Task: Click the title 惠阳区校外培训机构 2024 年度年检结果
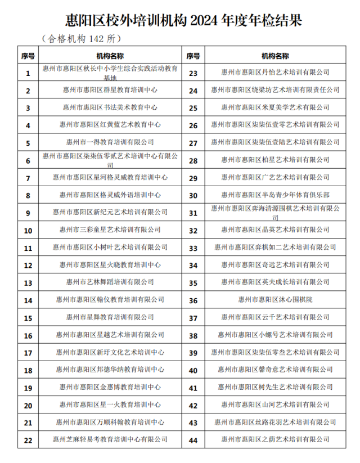coord(181,21)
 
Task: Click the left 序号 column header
coord(28,56)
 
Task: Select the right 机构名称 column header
coord(275,56)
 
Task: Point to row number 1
coord(28,73)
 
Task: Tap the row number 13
coord(28,282)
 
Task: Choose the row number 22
coord(28,440)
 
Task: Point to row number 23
coord(193,73)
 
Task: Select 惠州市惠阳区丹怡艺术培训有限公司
coord(275,73)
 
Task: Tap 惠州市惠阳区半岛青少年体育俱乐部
coord(275,195)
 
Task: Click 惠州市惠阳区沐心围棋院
coord(275,300)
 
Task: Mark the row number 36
coord(193,300)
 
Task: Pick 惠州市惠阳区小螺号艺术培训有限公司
coord(275,335)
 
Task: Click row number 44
coord(193,440)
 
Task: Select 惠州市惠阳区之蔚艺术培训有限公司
coord(275,440)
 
